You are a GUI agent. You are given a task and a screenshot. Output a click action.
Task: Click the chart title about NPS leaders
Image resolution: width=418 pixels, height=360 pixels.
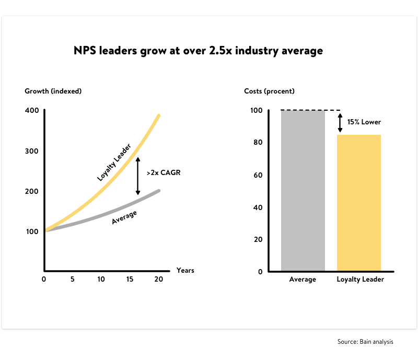click(198, 51)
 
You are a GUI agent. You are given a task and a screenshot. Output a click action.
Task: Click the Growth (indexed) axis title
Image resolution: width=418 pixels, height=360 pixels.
click(53, 91)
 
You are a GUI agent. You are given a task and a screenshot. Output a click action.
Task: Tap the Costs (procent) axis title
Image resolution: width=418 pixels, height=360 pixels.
click(269, 91)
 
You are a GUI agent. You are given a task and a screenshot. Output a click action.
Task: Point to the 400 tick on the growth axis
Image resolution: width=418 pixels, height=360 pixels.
click(31, 110)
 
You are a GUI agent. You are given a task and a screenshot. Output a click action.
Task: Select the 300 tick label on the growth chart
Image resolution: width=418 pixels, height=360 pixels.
click(31, 151)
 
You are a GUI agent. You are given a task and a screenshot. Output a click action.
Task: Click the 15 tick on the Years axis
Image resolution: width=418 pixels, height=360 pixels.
click(130, 279)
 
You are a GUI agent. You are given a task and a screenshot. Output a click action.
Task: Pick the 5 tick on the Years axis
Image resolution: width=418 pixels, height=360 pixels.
click(72, 279)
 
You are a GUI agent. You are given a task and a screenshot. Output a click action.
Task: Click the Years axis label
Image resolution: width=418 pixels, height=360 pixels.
click(185, 270)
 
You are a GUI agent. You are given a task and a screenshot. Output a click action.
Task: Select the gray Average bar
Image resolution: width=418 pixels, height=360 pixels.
click(303, 191)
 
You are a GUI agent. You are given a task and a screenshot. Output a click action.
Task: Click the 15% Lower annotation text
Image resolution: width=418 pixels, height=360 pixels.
click(364, 122)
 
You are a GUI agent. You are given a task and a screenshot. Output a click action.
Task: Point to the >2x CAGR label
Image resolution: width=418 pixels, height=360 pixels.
click(164, 172)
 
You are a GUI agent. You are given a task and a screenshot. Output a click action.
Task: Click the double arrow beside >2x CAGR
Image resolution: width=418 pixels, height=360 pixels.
click(138, 176)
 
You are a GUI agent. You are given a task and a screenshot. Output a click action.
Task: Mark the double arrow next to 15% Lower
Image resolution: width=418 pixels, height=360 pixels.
click(340, 122)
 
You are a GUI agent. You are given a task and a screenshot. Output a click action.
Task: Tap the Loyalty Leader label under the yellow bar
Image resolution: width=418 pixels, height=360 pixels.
click(360, 280)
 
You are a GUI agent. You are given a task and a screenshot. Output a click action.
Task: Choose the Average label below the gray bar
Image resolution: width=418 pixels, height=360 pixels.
click(303, 280)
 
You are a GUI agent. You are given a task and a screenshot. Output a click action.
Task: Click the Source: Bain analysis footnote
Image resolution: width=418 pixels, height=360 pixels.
click(365, 342)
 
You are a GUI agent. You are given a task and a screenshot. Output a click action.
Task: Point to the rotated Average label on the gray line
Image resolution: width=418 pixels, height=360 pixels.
click(124, 217)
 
